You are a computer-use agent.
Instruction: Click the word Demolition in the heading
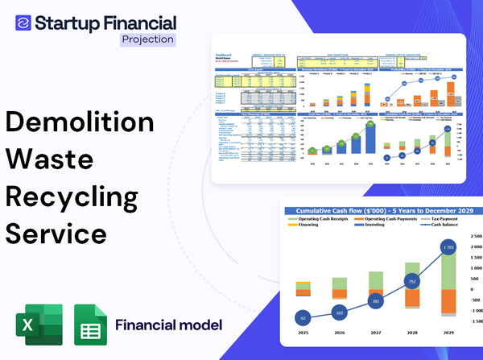pyautogui.click(x=80, y=122)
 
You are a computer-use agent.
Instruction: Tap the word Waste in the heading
pyautogui.click(x=52, y=159)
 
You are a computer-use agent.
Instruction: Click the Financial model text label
pyautogui.click(x=169, y=325)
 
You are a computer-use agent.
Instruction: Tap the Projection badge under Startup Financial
pyautogui.click(x=147, y=39)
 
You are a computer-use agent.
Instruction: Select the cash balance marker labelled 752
pyautogui.click(x=412, y=282)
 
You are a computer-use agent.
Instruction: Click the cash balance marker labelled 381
pyautogui.click(x=375, y=301)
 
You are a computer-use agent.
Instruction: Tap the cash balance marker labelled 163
pyautogui.click(x=339, y=312)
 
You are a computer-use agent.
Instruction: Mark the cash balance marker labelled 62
pyautogui.click(x=303, y=318)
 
